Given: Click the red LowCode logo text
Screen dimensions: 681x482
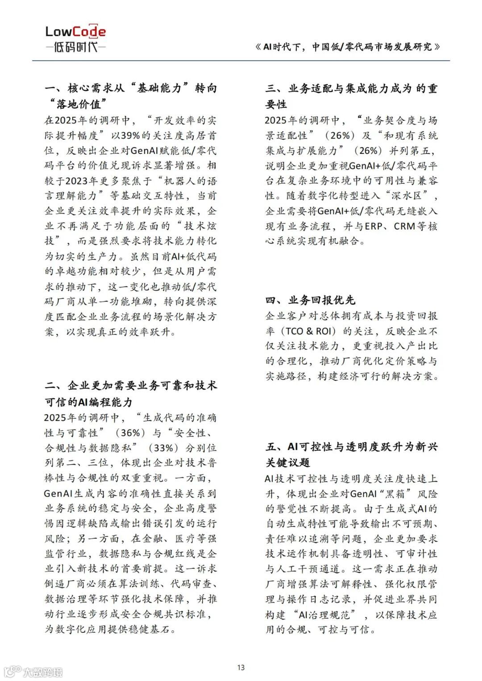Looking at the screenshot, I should [x=75, y=31].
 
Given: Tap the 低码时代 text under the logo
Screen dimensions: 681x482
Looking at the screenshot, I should [x=75, y=46].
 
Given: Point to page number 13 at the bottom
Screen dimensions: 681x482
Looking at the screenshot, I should [x=241, y=667].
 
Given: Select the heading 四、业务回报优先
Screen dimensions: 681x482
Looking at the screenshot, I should [x=311, y=300].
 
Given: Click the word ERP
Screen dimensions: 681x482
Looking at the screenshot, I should [x=374, y=226].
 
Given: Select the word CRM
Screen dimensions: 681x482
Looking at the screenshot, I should [x=404, y=226].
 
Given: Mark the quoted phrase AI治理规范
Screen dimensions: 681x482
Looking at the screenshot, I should [x=324, y=615].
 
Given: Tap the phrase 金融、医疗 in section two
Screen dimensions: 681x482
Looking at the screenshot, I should [x=167, y=539].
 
